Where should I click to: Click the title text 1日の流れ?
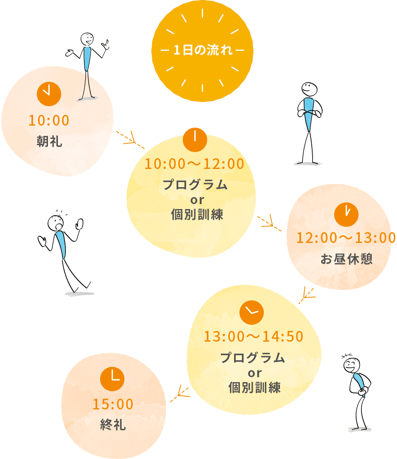pyautogui.click(x=202, y=51)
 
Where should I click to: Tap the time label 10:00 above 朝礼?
pyautogui.click(x=49, y=120)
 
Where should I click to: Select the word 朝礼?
pyautogui.click(x=49, y=142)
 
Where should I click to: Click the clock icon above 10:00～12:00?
pyautogui.click(x=195, y=140)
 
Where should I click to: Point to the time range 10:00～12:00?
pyautogui.click(x=194, y=164)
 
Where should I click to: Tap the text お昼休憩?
pyautogui.click(x=346, y=259)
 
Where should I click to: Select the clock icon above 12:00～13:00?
pyautogui.click(x=346, y=214)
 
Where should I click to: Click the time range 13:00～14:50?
pyautogui.click(x=254, y=337)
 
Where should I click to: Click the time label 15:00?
pyautogui.click(x=113, y=404)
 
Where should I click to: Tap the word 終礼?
pyautogui.click(x=113, y=425)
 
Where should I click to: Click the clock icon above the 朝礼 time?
pyautogui.click(x=49, y=94)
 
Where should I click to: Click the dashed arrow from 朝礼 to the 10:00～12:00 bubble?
pyautogui.click(x=130, y=139)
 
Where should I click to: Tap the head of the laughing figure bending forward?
pyautogui.click(x=352, y=365)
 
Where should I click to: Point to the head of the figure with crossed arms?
pyautogui.click(x=309, y=89)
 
